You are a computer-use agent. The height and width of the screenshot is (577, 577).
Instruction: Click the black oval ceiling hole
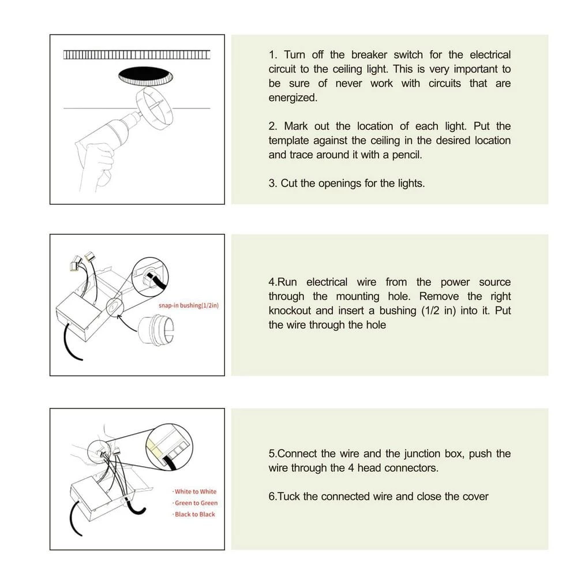(146, 76)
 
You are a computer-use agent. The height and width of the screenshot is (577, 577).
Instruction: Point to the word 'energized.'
(293, 98)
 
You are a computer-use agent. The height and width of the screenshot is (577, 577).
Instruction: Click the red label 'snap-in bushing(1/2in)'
(189, 305)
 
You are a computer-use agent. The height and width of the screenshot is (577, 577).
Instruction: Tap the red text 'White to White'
(196, 492)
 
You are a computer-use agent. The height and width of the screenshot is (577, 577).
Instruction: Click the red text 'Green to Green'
(196, 503)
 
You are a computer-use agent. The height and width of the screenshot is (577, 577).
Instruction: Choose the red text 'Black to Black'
(195, 515)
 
